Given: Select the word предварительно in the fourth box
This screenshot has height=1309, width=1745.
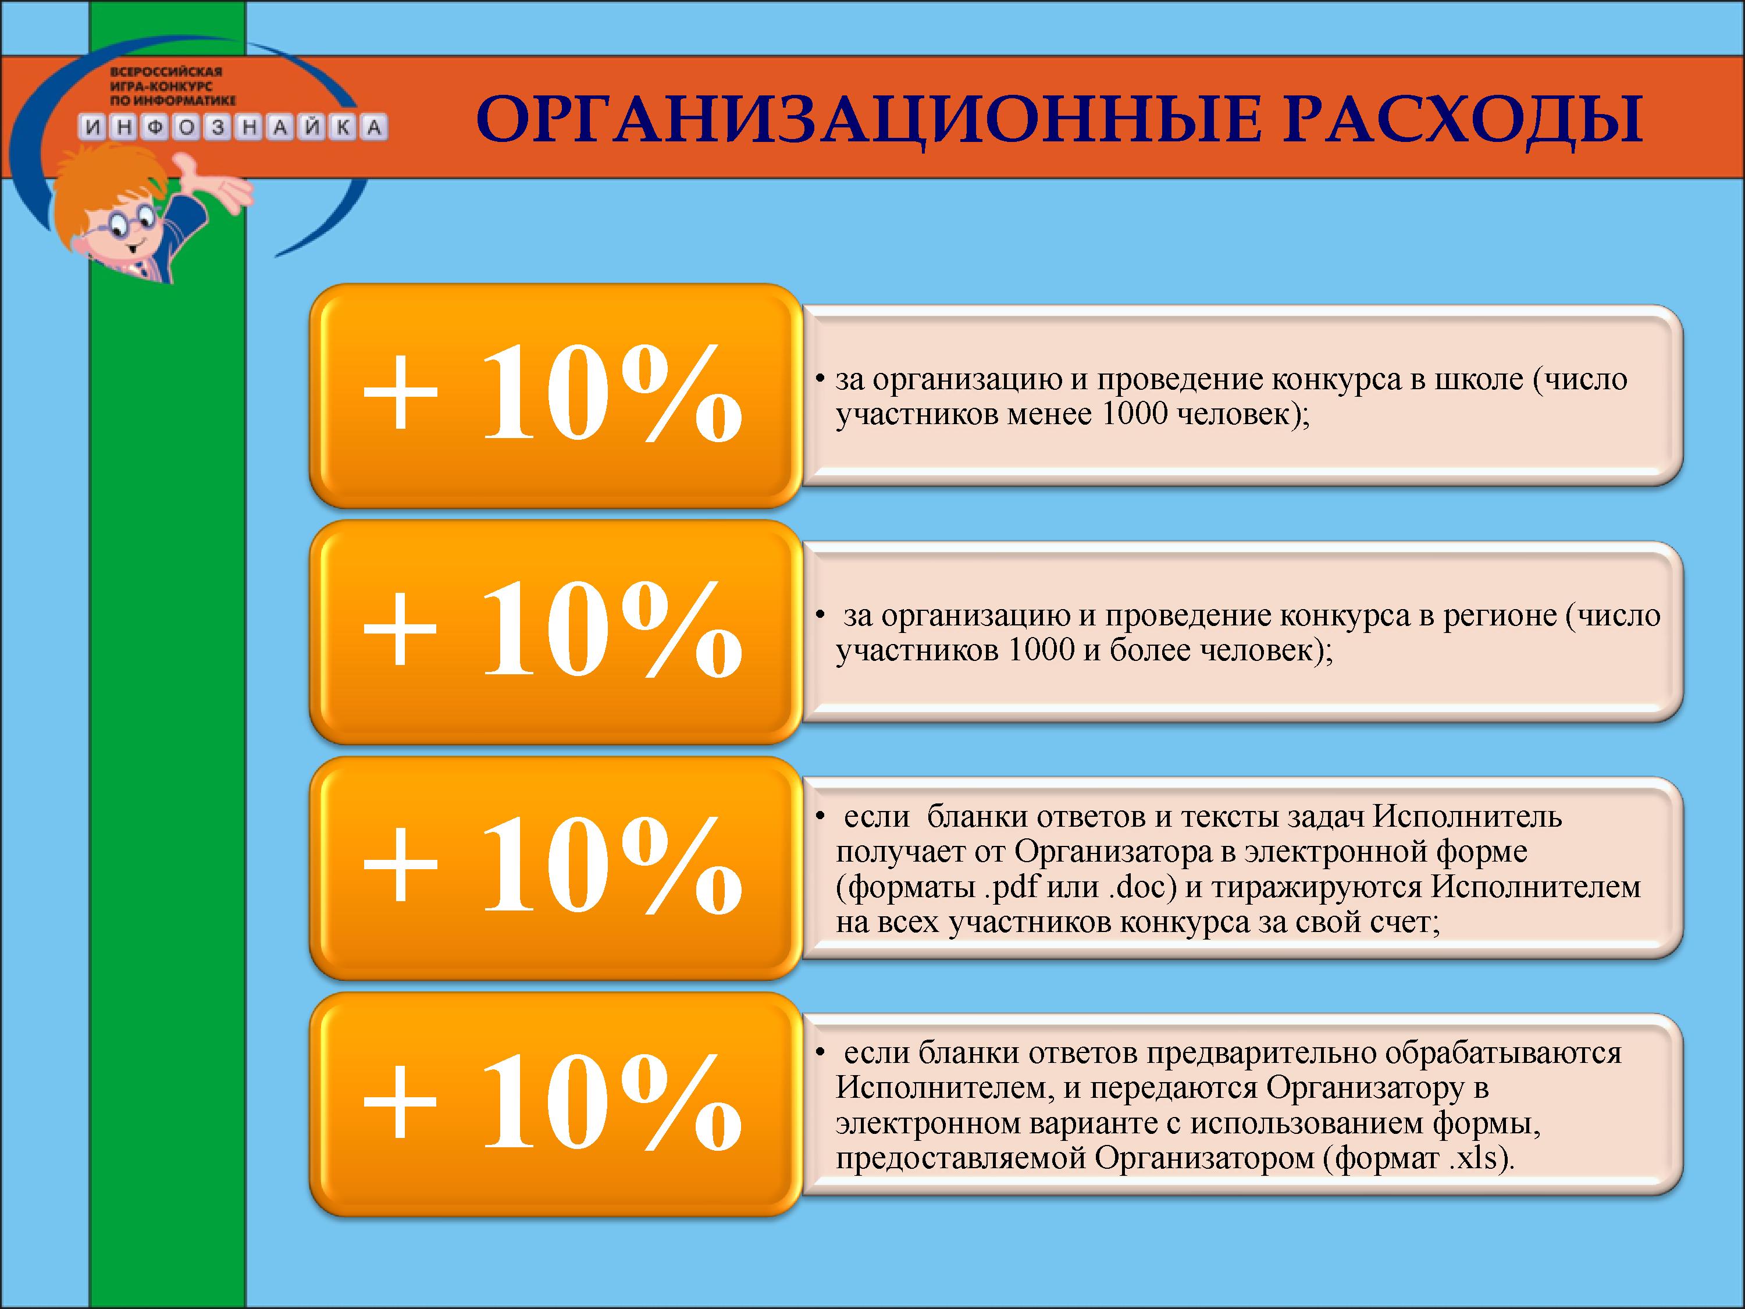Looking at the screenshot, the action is [1262, 1054].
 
